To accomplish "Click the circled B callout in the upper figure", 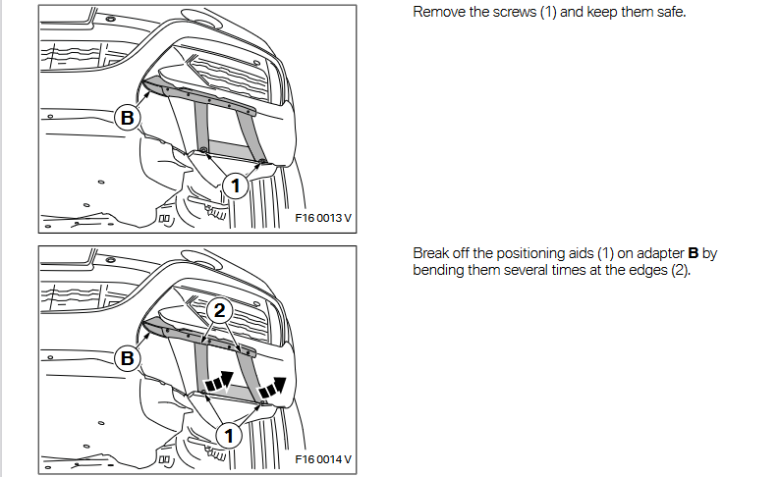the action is pyautogui.click(x=127, y=118).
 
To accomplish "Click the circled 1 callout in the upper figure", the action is pyautogui.click(x=235, y=186).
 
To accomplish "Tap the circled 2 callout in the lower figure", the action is pyautogui.click(x=219, y=311).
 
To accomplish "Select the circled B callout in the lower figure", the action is pyautogui.click(x=127, y=358).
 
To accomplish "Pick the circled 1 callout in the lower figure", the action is pyautogui.click(x=229, y=436).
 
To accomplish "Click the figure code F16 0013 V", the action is pyautogui.click(x=323, y=218).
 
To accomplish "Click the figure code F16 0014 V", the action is pyautogui.click(x=323, y=459).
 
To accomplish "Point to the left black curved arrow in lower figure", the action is pyautogui.click(x=219, y=381).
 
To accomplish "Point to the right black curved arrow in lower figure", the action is pyautogui.click(x=273, y=388).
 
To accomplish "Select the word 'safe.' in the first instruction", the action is pyautogui.click(x=671, y=12).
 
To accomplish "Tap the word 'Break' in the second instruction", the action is pyautogui.click(x=431, y=253).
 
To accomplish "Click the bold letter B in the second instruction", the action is pyautogui.click(x=694, y=253).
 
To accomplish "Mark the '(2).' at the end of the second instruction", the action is pyautogui.click(x=681, y=271).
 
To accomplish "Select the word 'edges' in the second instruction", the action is pyautogui.click(x=647, y=271).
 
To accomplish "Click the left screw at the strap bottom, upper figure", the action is pyautogui.click(x=202, y=150).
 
